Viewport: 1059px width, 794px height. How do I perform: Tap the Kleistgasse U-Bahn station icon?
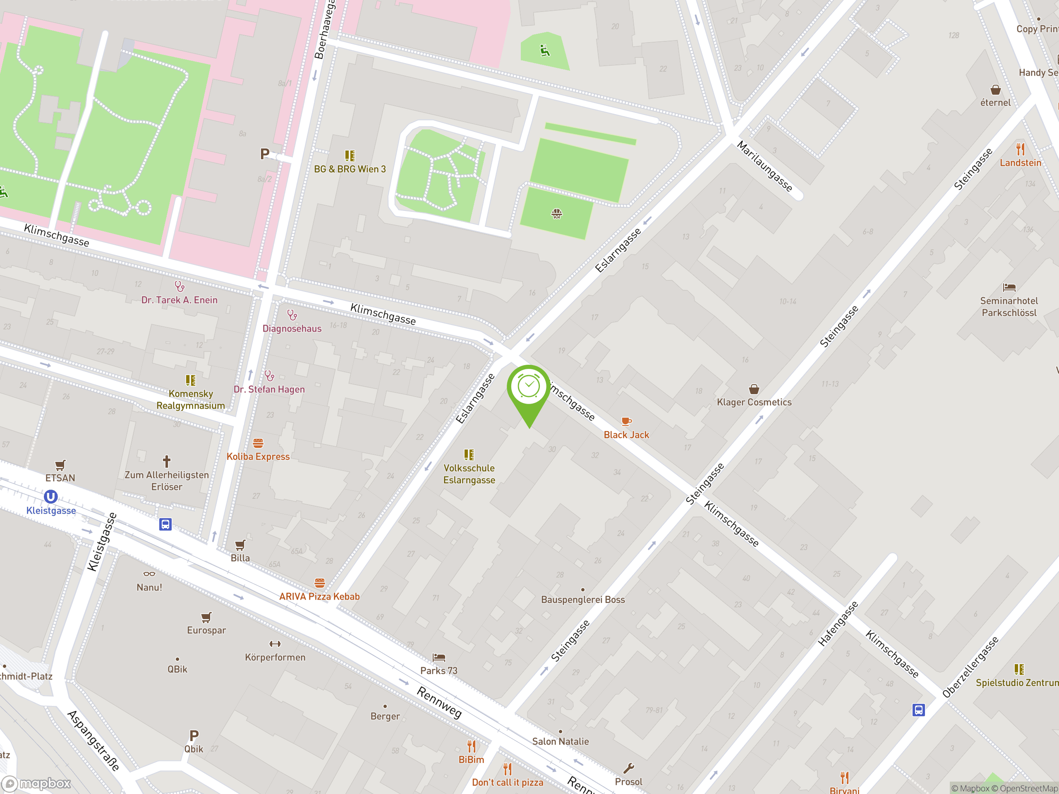pos(51,497)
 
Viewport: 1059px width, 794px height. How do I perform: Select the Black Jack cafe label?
pos(626,435)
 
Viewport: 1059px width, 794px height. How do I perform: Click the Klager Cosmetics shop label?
pos(754,402)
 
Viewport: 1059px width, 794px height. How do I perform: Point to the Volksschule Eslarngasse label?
pos(469,474)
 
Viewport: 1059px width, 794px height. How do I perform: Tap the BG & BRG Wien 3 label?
pos(350,169)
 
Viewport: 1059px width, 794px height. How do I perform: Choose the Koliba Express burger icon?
pos(258,443)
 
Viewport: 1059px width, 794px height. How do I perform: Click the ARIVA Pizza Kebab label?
pos(319,596)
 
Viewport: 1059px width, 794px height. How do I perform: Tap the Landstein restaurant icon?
pos(1020,149)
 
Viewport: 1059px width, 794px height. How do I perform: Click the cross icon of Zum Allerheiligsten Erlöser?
pos(167,462)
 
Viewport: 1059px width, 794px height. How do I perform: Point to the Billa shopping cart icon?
pos(240,545)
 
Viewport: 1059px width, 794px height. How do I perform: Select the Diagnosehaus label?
pos(292,328)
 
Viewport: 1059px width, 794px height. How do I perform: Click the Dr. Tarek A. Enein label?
pos(179,300)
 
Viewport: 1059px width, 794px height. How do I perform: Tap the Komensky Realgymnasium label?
pos(191,399)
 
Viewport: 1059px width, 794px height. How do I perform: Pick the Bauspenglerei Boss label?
pos(582,600)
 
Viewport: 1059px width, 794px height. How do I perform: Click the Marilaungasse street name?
pos(764,166)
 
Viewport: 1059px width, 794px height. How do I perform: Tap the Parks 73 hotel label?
pos(438,670)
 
